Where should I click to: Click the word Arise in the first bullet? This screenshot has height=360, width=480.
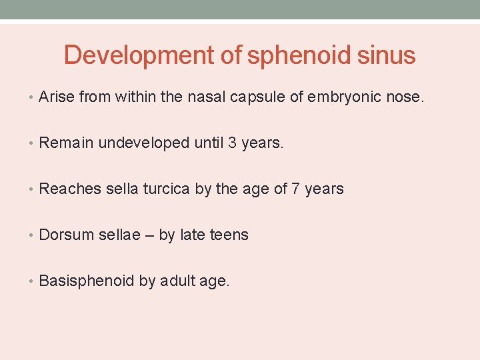(x=57, y=97)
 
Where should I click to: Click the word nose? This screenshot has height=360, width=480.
(x=404, y=97)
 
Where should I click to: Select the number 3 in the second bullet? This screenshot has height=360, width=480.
(x=233, y=143)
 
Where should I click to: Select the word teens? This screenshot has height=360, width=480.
(x=229, y=235)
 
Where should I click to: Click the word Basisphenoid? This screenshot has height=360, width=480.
(x=87, y=281)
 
